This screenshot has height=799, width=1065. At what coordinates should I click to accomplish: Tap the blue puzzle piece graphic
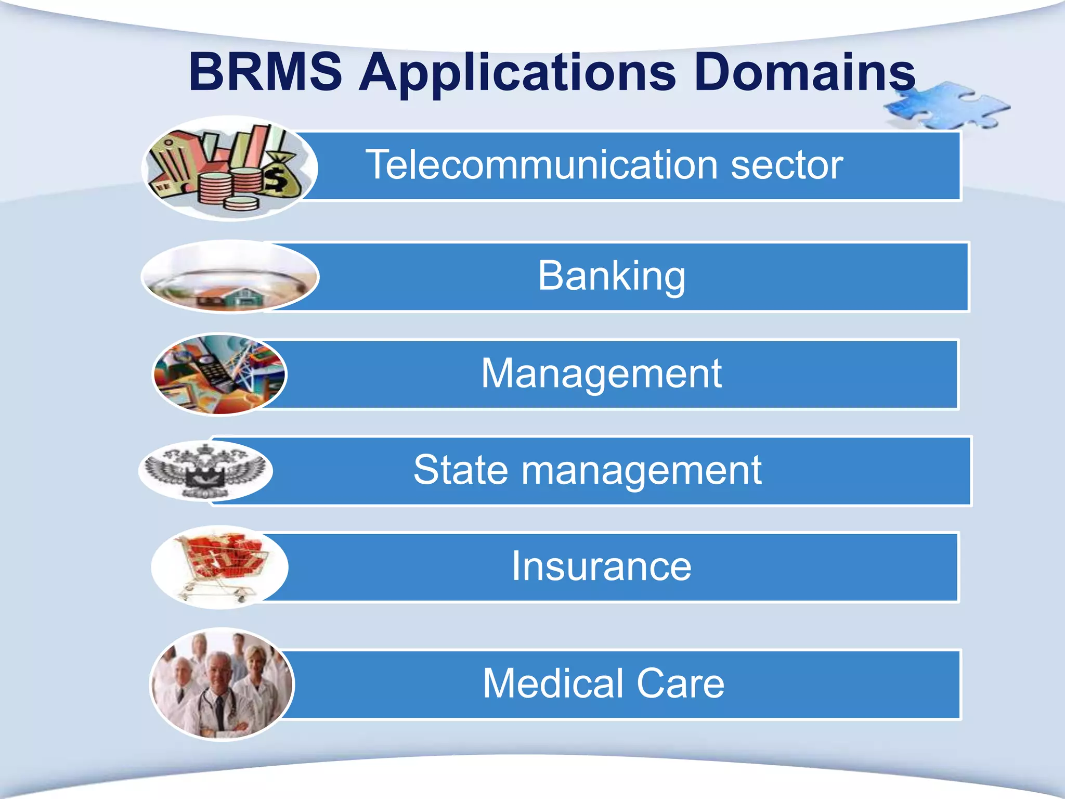coord(946,107)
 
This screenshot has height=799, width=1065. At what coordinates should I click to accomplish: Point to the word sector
coord(786,166)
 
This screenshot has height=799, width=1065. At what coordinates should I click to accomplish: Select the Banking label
coord(612,276)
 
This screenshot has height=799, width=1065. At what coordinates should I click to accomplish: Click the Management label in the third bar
coord(601,373)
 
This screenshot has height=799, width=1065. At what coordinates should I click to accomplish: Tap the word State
coord(461,470)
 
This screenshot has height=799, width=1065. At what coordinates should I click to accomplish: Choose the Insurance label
coord(601,566)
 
